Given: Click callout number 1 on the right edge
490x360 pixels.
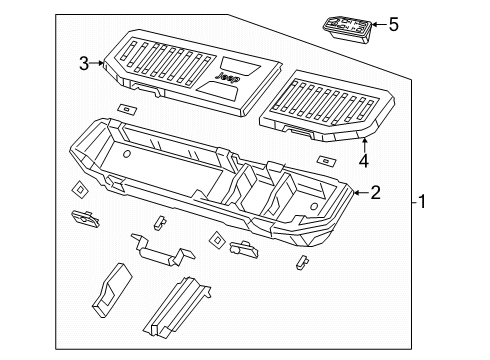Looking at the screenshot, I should [423, 204].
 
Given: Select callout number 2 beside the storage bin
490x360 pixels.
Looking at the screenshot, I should [375, 192].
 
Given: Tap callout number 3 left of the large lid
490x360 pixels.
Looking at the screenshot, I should [84, 63].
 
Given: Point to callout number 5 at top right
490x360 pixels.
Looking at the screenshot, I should [393, 23].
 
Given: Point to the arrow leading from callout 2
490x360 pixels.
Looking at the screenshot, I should [358, 190].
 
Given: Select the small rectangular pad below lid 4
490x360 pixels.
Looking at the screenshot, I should [325, 160].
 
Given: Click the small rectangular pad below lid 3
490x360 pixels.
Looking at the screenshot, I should [127, 108].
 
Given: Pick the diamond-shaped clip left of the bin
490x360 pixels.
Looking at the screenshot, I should [79, 189].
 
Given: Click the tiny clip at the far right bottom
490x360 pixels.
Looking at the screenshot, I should [300, 262].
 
